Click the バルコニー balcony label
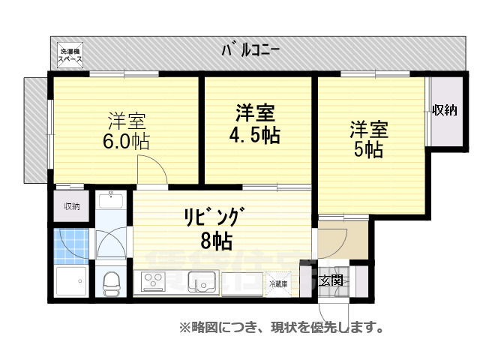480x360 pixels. tap(250, 51)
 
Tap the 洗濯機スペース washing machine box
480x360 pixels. tap(72, 55)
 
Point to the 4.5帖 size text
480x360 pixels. tap(255, 135)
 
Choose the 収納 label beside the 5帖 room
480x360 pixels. tap(444, 110)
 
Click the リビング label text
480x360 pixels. tap(212, 217)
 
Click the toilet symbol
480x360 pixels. tap(111, 283)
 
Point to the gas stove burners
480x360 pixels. tap(154, 283)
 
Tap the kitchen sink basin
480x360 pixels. tap(201, 283)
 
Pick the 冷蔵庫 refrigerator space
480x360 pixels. tap(280, 283)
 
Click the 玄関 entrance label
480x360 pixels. tap(330, 280)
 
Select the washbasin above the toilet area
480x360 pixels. tap(112, 200)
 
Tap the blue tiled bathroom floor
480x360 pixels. tap(72, 244)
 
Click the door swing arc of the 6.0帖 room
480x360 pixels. tap(154, 169)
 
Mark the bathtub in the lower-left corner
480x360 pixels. tap(73, 283)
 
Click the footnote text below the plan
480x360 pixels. tap(281, 328)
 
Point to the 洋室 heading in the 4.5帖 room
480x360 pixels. tap(255, 113)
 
